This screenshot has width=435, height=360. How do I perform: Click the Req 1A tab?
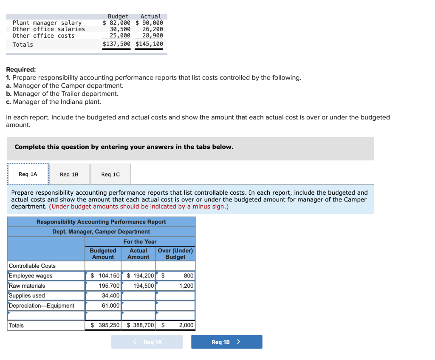(28, 174)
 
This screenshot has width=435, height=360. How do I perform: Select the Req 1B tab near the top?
(69, 174)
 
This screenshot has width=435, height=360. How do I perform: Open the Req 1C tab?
(110, 174)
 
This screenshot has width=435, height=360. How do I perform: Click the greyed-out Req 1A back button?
(147, 342)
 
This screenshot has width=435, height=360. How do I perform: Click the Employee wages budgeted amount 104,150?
(103, 276)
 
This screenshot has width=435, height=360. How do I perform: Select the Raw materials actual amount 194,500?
(139, 286)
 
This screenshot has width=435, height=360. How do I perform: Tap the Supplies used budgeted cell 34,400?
(103, 295)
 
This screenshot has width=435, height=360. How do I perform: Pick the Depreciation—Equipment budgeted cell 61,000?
(103, 306)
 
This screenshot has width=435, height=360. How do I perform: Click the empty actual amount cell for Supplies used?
(139, 295)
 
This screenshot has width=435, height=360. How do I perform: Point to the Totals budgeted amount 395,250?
(103, 325)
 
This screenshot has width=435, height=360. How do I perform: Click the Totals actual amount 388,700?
(139, 325)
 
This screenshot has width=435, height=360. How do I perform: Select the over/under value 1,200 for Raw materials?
(176, 286)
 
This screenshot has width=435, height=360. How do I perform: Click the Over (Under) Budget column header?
(175, 254)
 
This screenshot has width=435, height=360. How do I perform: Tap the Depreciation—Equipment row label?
(42, 306)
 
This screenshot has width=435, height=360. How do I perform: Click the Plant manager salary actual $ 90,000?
(150, 23)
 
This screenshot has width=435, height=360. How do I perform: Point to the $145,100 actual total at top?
(150, 44)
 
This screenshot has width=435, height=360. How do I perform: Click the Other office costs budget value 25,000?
(120, 36)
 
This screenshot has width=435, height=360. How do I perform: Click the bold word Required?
(21, 70)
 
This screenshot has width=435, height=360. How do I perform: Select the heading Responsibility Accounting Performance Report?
(101, 222)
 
